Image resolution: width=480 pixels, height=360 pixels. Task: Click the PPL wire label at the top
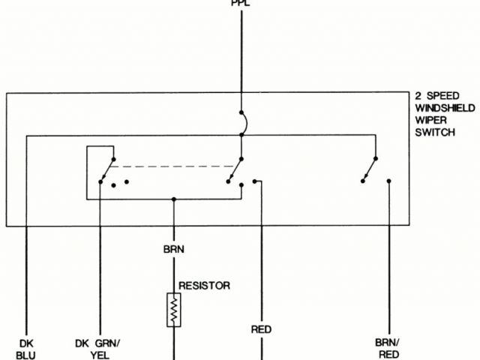(x=241, y=3)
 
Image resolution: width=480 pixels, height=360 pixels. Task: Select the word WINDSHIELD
(x=445, y=109)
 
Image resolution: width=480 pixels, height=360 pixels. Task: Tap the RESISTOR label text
(x=204, y=286)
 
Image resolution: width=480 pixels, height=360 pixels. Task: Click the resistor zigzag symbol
(x=174, y=309)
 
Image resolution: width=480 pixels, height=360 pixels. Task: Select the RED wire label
(x=261, y=329)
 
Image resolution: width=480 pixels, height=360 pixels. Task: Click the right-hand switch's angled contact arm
(x=369, y=169)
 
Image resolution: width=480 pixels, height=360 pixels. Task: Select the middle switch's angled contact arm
(x=235, y=169)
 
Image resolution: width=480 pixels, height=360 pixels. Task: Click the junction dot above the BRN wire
(x=174, y=199)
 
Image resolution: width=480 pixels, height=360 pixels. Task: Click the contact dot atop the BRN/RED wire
(x=388, y=181)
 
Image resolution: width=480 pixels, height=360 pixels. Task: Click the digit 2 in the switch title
(x=418, y=97)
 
